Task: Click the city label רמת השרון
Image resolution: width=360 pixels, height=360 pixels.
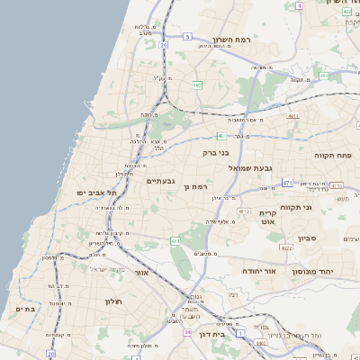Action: coord(236,40)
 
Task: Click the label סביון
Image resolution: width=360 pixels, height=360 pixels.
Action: coord(308,239)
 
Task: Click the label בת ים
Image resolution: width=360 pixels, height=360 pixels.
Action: coord(24,309)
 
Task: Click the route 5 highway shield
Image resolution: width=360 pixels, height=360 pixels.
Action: coord(187,37)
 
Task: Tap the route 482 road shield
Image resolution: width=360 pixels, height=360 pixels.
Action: coord(196,84)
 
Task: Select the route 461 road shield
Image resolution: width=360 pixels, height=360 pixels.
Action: coord(176,241)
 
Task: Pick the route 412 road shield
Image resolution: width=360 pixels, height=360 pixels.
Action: coord(243,211)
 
